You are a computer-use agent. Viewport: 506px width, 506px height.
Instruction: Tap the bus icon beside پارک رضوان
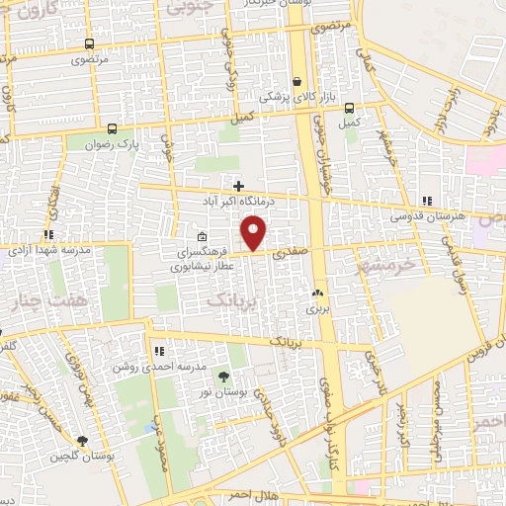[x=112, y=128]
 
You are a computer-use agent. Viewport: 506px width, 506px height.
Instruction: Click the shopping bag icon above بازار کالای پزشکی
[x=297, y=82]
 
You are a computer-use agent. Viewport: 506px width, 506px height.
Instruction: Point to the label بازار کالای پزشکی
[x=297, y=98]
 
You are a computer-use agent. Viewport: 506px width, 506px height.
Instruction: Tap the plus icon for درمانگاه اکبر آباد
[x=238, y=185]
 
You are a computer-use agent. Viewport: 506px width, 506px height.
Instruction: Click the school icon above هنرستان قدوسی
[x=427, y=200]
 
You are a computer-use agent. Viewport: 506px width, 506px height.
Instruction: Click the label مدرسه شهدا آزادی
[x=49, y=250]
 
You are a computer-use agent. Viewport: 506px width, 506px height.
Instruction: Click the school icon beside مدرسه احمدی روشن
[x=159, y=350]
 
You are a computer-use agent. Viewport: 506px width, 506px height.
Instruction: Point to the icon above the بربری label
[x=317, y=294]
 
